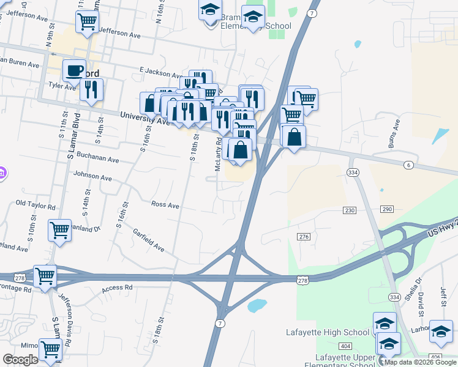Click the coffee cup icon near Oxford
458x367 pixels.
pos(73,70)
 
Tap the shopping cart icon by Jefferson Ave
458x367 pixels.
pos(87,21)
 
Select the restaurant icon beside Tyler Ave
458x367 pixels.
pos(91,89)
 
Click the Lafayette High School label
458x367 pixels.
pos(328,332)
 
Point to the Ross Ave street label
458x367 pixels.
pos(165,206)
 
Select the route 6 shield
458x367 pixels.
pos(408,166)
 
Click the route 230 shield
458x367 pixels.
pos(349,210)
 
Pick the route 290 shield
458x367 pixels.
pos(386,209)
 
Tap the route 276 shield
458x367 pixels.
pos(304,237)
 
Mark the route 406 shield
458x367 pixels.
pos(435,357)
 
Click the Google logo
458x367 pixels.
pos(20,359)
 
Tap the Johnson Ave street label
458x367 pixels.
pos(92,177)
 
